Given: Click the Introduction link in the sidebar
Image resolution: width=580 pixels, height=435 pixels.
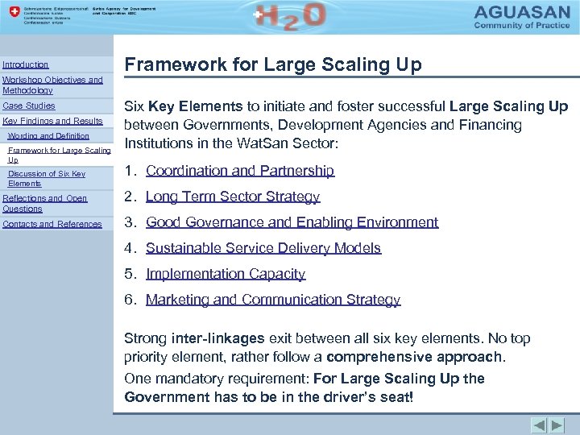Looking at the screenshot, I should (x=26, y=64).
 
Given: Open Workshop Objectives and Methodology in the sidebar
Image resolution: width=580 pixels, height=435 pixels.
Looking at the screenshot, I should (x=52, y=85).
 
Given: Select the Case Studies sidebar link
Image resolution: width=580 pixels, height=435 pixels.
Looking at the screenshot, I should (x=29, y=106).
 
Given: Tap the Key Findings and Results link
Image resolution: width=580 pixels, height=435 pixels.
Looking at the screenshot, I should (x=53, y=121).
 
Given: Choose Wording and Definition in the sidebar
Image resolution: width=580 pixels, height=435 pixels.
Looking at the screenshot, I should (x=48, y=136).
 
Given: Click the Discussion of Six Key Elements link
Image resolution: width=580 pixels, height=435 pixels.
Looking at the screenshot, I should (x=46, y=178).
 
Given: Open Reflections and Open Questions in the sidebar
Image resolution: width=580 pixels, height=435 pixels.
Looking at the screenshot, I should (x=45, y=203).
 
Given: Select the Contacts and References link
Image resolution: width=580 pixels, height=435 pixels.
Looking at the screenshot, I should (x=52, y=224).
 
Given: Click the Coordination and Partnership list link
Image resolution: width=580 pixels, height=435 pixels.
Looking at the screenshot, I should (x=239, y=171).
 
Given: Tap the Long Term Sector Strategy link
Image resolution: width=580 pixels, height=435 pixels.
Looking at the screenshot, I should (x=233, y=197).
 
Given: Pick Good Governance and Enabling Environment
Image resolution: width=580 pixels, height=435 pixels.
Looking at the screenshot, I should (x=292, y=222).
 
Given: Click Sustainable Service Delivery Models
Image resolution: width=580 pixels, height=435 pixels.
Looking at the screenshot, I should (x=263, y=248).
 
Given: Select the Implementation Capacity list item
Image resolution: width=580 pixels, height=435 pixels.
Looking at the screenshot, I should (x=226, y=274).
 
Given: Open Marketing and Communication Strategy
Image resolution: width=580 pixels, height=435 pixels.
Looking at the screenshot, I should (x=272, y=300).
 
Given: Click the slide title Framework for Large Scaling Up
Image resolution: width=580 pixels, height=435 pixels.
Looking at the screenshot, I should (x=272, y=65).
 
